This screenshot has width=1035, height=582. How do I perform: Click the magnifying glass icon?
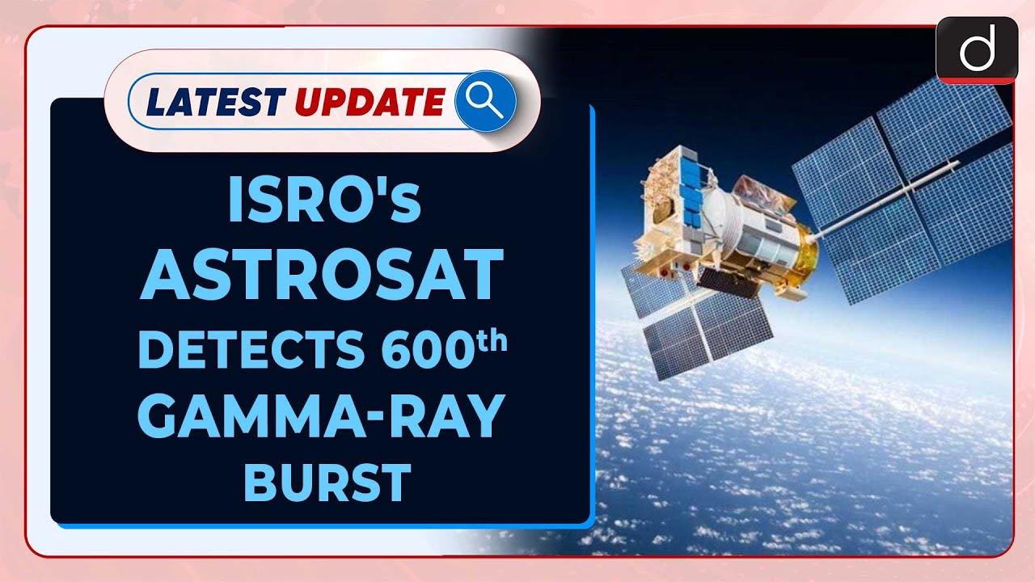(485, 101)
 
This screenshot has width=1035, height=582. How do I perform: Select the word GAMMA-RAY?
(321, 416)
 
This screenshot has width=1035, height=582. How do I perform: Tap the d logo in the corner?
(976, 51)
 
